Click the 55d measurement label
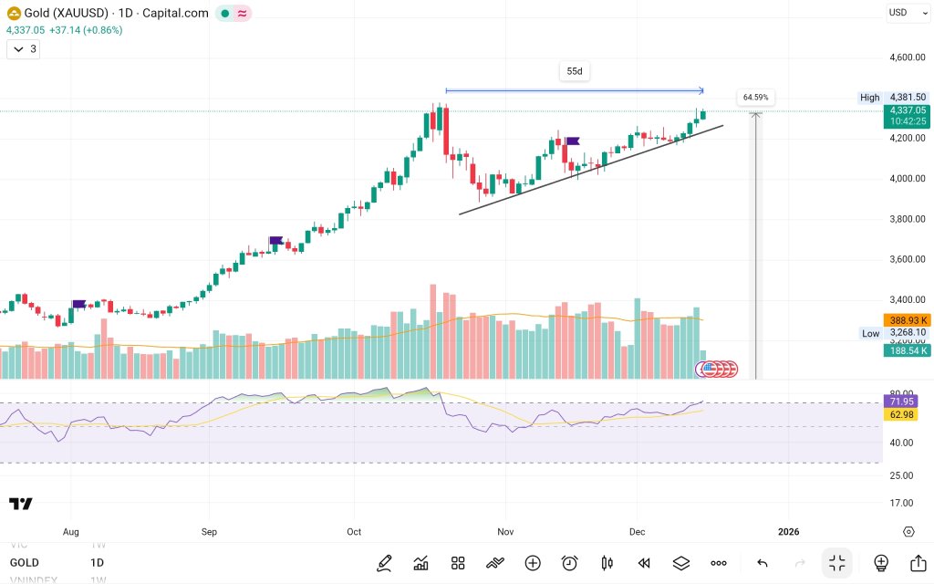coord(575,71)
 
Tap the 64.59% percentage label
coord(755,97)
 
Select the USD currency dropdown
coord(902,12)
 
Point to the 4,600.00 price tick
coord(908,57)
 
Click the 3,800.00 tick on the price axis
coord(908,219)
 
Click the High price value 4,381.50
coord(908,98)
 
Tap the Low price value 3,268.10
coord(908,333)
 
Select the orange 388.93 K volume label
coord(907,320)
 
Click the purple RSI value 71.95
coord(903,401)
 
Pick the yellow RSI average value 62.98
coord(903,415)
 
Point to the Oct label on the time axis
coord(354,531)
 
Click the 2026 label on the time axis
coord(787,531)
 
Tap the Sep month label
coord(209,531)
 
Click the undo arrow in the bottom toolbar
coord(763,563)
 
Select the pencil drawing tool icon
coord(384,563)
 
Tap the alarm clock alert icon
coord(570,563)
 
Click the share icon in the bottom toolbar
coord(918,563)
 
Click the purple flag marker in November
coord(573,141)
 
